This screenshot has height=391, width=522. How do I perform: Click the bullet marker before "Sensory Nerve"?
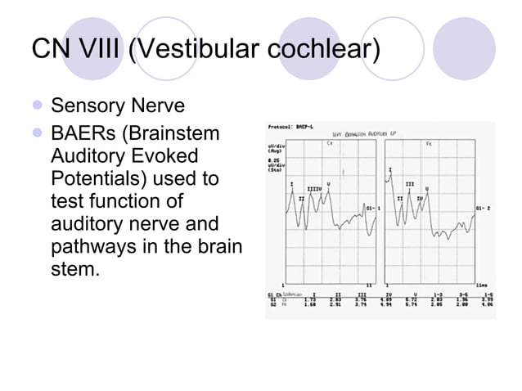pos(38,106)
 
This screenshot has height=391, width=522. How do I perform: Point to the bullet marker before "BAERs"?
pos(38,133)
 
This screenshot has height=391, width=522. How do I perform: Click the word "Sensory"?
pos(86,106)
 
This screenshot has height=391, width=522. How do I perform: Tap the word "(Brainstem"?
pos(178,133)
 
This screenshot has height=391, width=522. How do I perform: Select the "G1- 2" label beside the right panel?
pos(483,209)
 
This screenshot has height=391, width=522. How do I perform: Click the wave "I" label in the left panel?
pos(292,184)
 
